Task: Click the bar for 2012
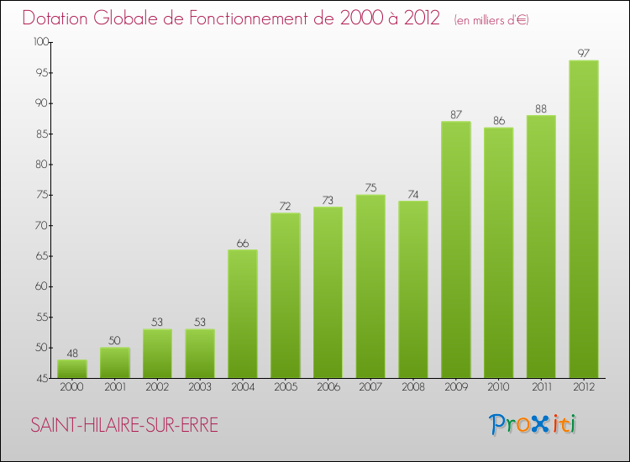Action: tap(583, 218)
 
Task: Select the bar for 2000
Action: tap(71, 369)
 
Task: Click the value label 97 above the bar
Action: tap(583, 54)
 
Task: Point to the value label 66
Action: tap(242, 244)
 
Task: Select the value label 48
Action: tap(71, 353)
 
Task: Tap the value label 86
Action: tap(498, 121)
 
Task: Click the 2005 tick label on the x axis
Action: tap(285, 387)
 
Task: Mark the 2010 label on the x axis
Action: tap(498, 387)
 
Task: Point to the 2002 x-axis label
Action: tap(157, 387)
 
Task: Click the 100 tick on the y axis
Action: tap(41, 42)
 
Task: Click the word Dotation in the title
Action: tap(59, 18)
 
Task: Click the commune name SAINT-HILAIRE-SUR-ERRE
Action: tap(123, 426)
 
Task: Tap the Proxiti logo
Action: tap(533, 424)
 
